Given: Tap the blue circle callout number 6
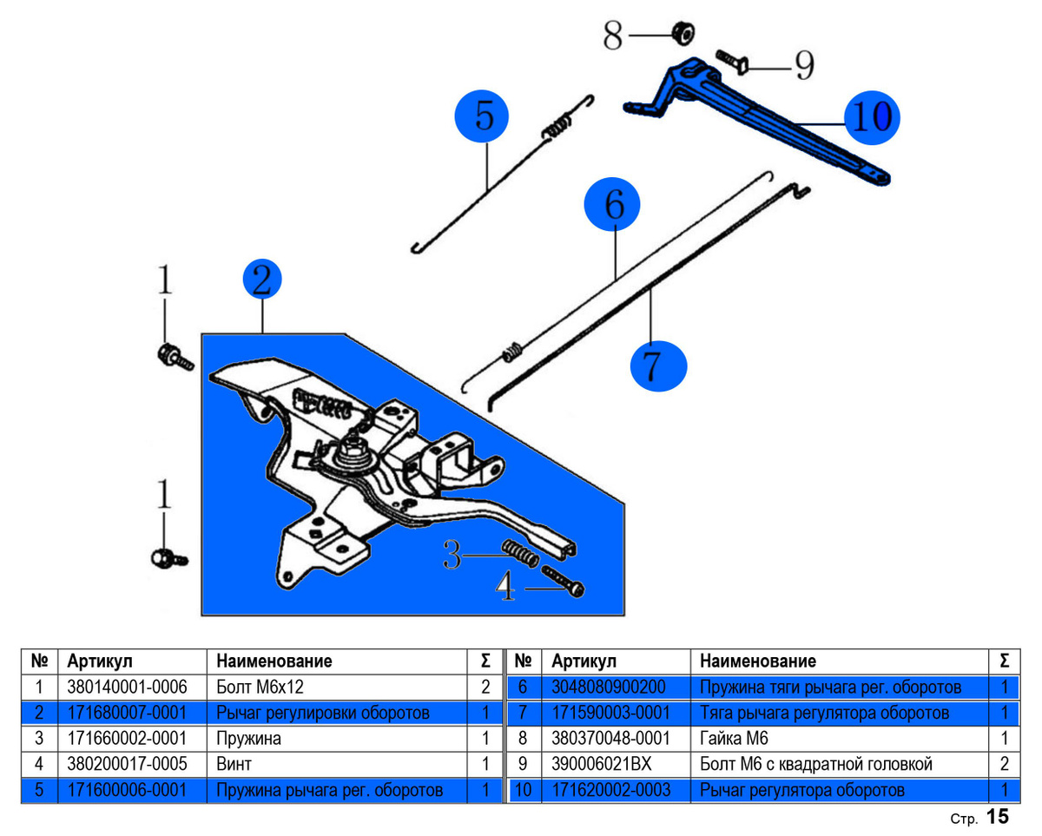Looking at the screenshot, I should (x=613, y=206).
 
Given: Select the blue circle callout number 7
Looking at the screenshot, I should (x=657, y=365).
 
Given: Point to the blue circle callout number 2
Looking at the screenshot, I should (x=262, y=280).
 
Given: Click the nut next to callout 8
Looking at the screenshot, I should (x=683, y=34).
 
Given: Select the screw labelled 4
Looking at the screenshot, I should (x=563, y=580).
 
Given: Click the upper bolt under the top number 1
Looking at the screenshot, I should (x=172, y=357).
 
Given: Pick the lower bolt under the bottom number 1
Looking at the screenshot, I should (x=168, y=556).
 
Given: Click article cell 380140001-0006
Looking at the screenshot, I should (x=127, y=687).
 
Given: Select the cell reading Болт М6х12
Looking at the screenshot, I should (x=260, y=687).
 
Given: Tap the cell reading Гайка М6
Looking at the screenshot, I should (x=734, y=739).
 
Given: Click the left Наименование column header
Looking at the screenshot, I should (x=274, y=661).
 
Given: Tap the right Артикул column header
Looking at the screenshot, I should (x=584, y=661).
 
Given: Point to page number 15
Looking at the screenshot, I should (x=998, y=817).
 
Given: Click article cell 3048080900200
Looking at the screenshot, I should (x=609, y=687).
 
